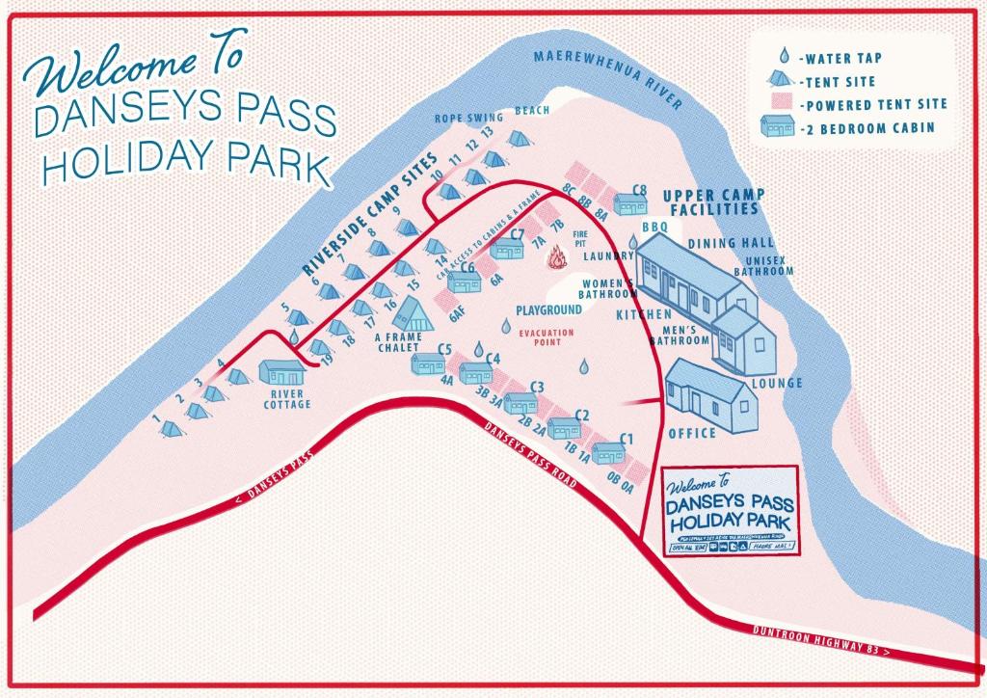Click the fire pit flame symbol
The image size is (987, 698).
click(x=557, y=258)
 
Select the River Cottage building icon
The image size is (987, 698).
click(x=282, y=373)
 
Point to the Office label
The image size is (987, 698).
click(x=691, y=433)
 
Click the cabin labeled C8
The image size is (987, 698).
click(x=630, y=204)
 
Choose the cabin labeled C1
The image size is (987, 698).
click(x=609, y=453)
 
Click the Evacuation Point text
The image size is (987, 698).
click(x=547, y=337)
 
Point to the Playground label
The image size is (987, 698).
click(x=548, y=310)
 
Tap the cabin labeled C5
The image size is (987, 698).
click(x=427, y=363)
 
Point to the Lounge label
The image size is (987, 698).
click(x=777, y=383)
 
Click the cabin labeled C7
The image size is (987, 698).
click(x=506, y=250)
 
